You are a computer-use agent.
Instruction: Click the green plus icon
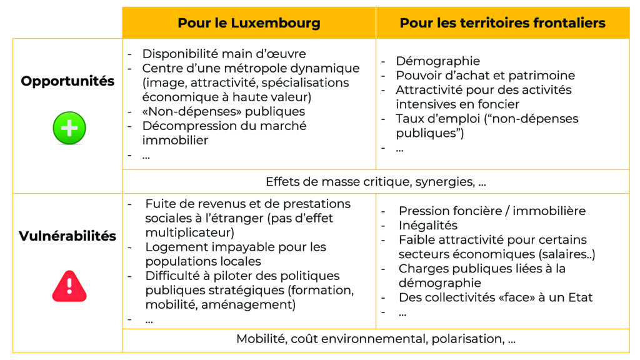[x=69, y=128]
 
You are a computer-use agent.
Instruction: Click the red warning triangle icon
[x=69, y=286]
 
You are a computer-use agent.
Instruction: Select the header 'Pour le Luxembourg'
[x=249, y=23]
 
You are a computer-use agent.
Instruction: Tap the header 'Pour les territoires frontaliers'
[x=502, y=23]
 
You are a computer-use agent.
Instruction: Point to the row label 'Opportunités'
[x=67, y=81]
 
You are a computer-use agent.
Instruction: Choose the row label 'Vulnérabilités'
[x=67, y=236]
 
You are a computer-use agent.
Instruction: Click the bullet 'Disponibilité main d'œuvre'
[x=224, y=54]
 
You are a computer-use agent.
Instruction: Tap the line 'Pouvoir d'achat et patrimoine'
[x=485, y=76]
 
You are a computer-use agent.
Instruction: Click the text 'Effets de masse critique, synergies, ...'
[x=376, y=182]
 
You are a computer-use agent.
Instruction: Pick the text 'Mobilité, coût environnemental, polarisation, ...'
[x=376, y=339]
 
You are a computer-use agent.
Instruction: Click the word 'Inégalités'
[x=428, y=226]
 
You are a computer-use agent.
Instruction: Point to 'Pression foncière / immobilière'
[x=492, y=211]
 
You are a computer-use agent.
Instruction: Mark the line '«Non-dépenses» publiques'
[x=223, y=112]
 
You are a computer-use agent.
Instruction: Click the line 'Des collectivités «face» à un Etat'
[x=496, y=297]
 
